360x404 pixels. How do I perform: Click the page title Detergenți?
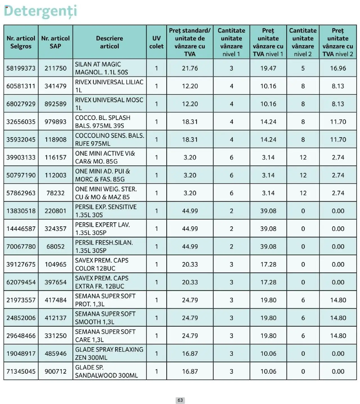click(40, 11)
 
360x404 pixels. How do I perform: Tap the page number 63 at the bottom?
click(180, 400)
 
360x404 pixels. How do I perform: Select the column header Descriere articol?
click(109, 42)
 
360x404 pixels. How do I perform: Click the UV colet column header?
click(156, 42)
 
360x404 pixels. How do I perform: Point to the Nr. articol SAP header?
click(55, 42)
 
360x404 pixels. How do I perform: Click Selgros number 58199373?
click(21, 68)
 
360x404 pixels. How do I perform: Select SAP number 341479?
click(55, 86)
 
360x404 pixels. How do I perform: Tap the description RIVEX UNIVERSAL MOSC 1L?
click(109, 104)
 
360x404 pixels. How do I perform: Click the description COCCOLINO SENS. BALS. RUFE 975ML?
click(109, 139)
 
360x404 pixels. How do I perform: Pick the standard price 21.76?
click(190, 68)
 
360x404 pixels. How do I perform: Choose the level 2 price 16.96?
click(338, 68)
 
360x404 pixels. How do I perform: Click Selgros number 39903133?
click(21, 157)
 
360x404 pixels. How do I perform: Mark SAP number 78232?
click(55, 193)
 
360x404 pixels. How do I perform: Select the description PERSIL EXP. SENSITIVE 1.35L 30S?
click(106, 211)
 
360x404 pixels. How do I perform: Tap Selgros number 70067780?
click(21, 246)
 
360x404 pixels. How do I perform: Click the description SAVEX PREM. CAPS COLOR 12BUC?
click(102, 264)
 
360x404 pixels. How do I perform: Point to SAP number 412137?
click(55, 318)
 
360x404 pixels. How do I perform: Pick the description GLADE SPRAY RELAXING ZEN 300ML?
click(109, 353)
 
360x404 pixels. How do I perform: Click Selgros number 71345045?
click(21, 371)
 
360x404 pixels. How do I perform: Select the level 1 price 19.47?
click(268, 68)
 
